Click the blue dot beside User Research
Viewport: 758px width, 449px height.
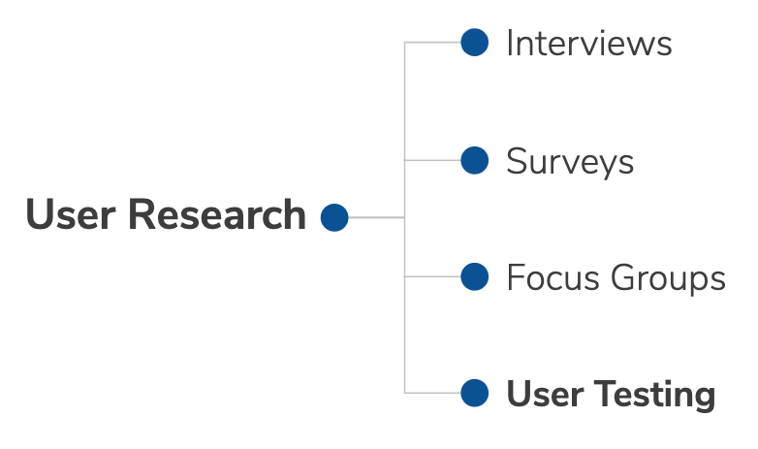coord(334,218)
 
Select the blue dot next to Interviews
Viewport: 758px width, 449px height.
coord(475,42)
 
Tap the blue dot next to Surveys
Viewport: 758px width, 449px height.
coord(475,160)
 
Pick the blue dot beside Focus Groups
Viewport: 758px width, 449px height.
coord(475,276)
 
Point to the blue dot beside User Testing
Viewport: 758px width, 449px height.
coord(475,393)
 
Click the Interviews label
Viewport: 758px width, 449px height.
coord(589,43)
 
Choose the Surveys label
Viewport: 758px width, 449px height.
coord(570,163)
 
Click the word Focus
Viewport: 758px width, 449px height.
coord(553,277)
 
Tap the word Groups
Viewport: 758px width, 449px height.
coord(668,279)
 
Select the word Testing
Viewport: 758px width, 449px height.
coord(654,396)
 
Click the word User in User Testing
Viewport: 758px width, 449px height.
coord(546,394)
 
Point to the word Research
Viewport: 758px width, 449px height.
coord(217,215)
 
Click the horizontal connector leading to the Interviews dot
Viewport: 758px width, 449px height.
coord(432,42)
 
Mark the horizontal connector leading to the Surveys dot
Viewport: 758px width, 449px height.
coord(432,160)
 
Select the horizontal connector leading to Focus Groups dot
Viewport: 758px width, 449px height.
coord(432,276)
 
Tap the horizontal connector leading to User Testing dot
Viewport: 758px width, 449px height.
coord(432,393)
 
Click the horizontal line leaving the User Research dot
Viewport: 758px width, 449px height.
coord(377,218)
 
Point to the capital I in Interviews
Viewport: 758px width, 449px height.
coord(510,43)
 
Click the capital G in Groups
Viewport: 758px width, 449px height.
coord(622,277)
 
